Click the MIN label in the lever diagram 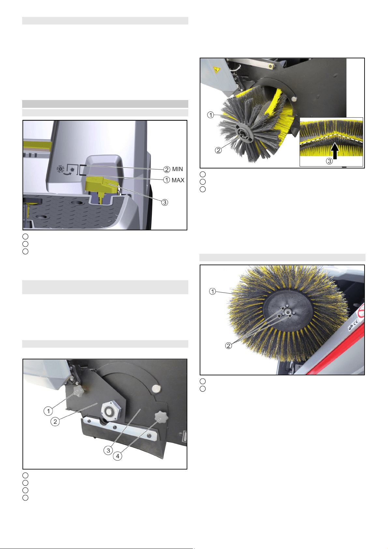click(178, 169)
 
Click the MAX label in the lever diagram click(178, 180)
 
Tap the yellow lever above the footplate click(102, 185)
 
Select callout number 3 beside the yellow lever click(165, 202)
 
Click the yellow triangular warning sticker click(216, 70)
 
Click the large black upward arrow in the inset click(335, 151)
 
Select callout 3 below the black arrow click(329, 161)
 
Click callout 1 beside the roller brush click(210, 115)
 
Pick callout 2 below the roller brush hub click(218, 150)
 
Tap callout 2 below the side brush click(228, 346)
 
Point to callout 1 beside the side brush click(212, 291)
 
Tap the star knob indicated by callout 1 click(78, 391)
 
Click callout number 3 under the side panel click(108, 451)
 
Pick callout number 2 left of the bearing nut click(55, 422)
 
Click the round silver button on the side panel click(156, 388)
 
